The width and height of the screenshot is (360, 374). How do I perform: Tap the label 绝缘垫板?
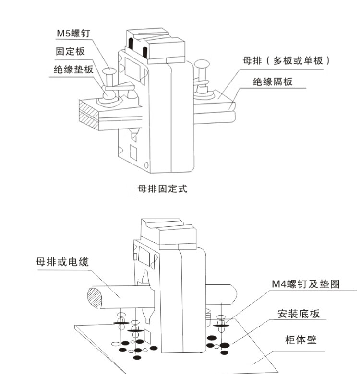pos(73,70)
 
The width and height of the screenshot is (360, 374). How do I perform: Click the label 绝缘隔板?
pos(273,82)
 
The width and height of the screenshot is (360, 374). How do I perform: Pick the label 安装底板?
pos(299,314)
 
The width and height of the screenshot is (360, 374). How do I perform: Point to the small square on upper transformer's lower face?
pos(134,153)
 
